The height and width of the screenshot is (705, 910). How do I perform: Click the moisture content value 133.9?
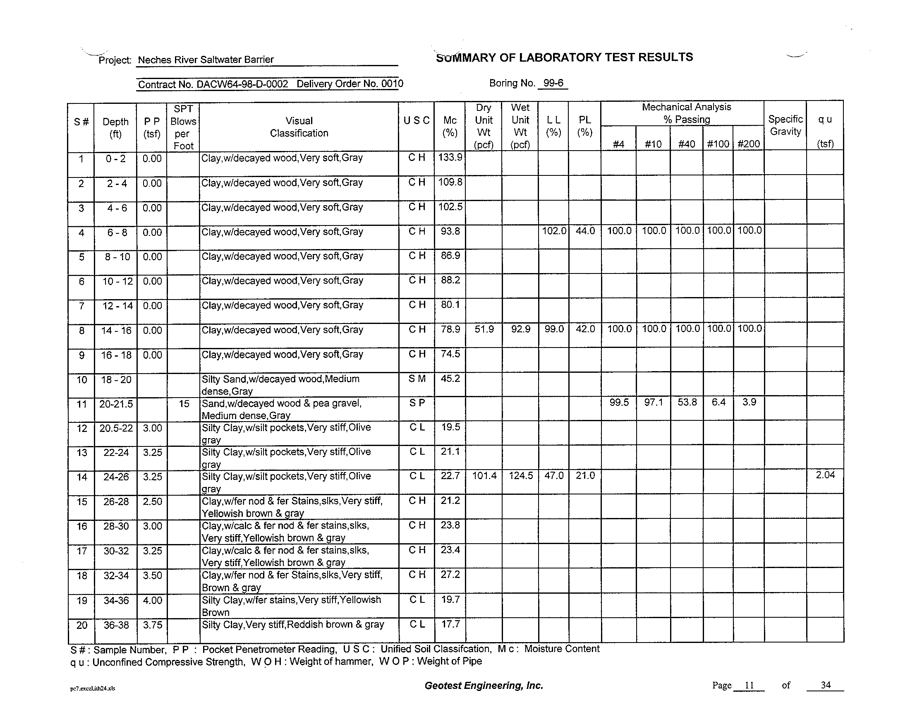click(x=450, y=157)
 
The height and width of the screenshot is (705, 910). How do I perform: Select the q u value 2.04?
click(x=825, y=475)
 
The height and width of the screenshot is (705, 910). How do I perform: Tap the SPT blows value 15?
click(x=184, y=403)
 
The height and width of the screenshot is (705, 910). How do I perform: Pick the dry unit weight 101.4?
click(x=484, y=475)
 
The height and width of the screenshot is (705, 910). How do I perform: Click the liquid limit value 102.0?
click(x=554, y=230)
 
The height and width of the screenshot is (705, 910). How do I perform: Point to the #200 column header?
click(x=749, y=144)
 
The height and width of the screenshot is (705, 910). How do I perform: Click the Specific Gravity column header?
click(x=785, y=125)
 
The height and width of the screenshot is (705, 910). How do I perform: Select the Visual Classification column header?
click(x=299, y=127)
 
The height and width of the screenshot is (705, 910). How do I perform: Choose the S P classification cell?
click(x=417, y=403)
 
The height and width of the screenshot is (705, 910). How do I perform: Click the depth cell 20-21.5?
click(x=116, y=404)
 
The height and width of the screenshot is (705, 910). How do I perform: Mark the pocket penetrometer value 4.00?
click(x=152, y=600)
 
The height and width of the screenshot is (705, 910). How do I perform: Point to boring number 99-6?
click(x=553, y=83)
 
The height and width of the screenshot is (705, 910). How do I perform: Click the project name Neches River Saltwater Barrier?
click(x=206, y=60)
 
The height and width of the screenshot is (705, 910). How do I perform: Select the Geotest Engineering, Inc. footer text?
click(x=484, y=686)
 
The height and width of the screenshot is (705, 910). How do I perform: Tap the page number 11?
click(x=749, y=685)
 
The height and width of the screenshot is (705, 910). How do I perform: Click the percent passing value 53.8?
click(x=687, y=402)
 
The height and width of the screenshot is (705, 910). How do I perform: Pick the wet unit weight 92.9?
click(x=520, y=329)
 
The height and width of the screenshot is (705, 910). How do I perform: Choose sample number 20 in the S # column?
click(x=81, y=625)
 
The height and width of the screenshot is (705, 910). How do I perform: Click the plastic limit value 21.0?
click(x=585, y=475)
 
